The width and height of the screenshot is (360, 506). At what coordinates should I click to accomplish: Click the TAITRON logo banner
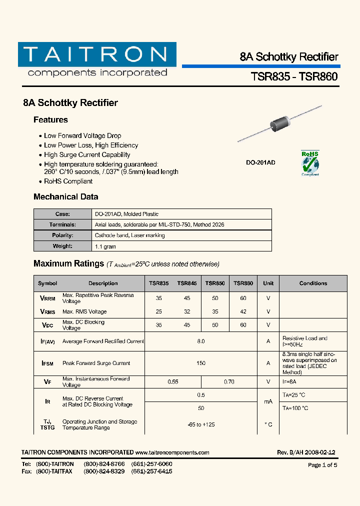pyautogui.click(x=97, y=54)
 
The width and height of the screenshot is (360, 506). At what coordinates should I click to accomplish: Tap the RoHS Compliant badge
pyautogui.click(x=310, y=163)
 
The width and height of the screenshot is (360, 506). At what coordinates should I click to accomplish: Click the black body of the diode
pyautogui.click(x=280, y=122)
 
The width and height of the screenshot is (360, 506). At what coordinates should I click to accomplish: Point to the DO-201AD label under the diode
pyautogui.click(x=260, y=162)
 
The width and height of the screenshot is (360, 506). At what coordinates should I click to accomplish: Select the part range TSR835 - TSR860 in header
pyautogui.click(x=294, y=76)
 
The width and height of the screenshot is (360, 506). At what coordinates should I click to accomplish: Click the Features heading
pyautogui.click(x=50, y=120)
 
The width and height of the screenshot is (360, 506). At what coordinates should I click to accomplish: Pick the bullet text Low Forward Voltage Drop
pyautogui.click(x=82, y=135)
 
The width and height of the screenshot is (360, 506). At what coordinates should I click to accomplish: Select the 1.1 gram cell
pyautogui.click(x=105, y=246)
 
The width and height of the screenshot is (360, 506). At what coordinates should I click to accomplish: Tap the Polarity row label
pyautogui.click(x=62, y=235)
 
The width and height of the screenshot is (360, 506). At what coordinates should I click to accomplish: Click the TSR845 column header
pyautogui.click(x=187, y=283)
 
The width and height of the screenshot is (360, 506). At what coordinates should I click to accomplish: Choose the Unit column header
pyautogui.click(x=268, y=283)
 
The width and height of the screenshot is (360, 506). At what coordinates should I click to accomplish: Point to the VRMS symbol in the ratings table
pyautogui.click(x=47, y=311)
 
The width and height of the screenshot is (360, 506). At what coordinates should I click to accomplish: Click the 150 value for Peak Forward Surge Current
pyautogui.click(x=201, y=363)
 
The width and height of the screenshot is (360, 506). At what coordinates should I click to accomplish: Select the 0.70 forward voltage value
pyautogui.click(x=229, y=381)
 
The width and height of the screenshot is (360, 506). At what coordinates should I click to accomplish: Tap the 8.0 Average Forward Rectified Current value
pyautogui.click(x=201, y=341)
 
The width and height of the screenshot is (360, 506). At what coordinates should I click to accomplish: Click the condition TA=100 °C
pyautogui.click(x=295, y=408)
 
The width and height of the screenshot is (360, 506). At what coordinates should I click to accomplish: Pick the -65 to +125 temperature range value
pyautogui.click(x=201, y=424)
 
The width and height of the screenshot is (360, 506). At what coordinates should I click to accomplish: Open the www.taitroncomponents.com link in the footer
pyautogui.click(x=172, y=452)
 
